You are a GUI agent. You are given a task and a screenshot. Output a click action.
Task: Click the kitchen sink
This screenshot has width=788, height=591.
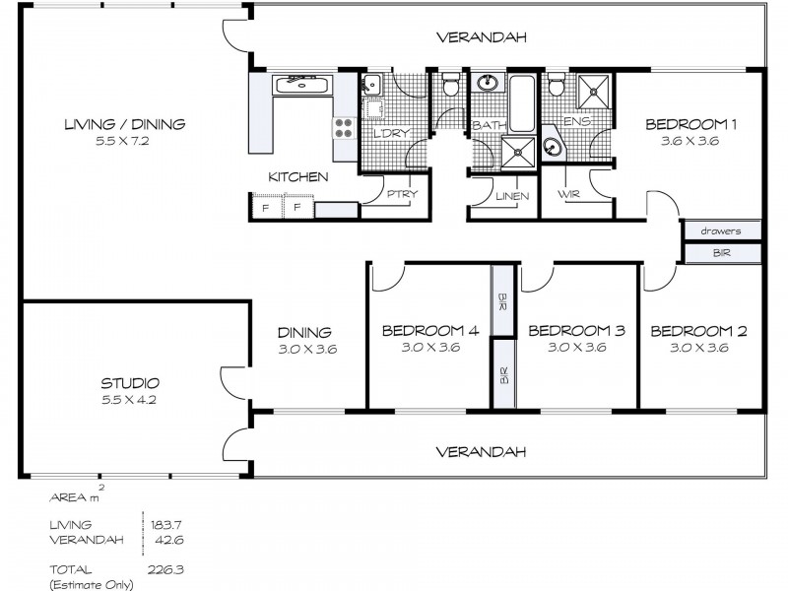click(x=302, y=85)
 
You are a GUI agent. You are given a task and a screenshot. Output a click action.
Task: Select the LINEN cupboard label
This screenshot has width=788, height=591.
click(x=511, y=196)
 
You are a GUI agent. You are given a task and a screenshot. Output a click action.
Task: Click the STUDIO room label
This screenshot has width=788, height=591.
click(x=130, y=383)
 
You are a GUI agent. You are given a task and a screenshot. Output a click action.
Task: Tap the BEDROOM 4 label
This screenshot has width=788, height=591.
click(x=429, y=331)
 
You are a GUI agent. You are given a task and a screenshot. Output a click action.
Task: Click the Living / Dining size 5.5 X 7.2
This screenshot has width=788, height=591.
click(x=124, y=140)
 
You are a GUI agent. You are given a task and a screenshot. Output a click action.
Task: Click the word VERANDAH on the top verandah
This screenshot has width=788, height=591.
click(x=482, y=37)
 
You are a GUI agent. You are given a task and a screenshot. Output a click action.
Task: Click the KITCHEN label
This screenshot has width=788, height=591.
click(x=297, y=177)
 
